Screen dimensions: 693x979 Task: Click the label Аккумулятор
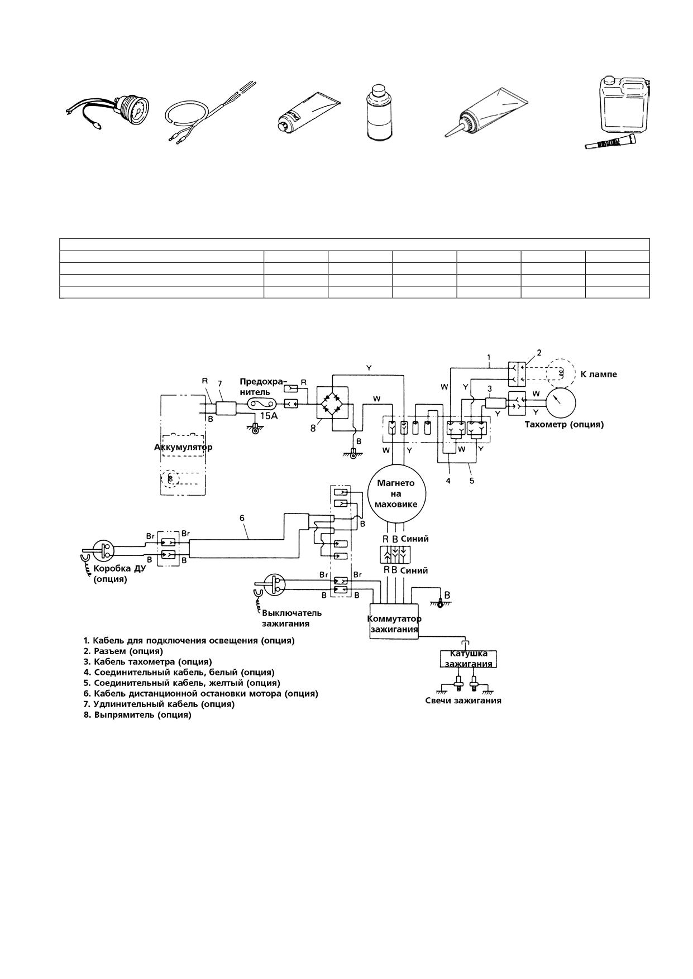pyautogui.click(x=183, y=448)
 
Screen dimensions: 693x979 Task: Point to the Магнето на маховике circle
pyautogui.click(x=396, y=493)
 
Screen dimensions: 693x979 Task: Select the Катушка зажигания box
pyautogui.click(x=469, y=659)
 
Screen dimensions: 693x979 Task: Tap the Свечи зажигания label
pyautogui.click(x=463, y=700)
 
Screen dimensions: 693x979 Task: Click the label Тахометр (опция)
pyautogui.click(x=564, y=424)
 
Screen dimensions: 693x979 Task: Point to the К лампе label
pyautogui.click(x=599, y=375)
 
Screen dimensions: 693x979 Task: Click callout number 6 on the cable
pyautogui.click(x=242, y=518)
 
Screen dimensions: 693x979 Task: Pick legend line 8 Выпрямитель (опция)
pyautogui.click(x=137, y=715)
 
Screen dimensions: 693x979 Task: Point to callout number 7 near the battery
pyautogui.click(x=220, y=383)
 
